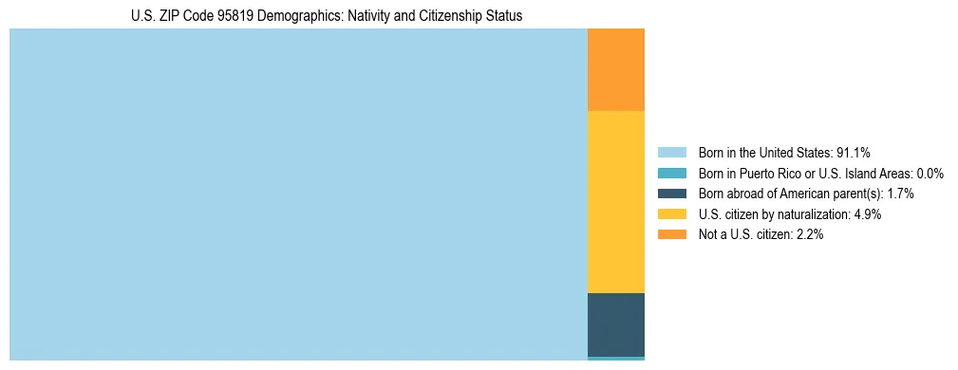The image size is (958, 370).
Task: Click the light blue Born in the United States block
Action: coord(298,194)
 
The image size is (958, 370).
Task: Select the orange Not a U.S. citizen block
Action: coord(616,70)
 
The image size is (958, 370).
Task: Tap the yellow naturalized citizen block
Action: coord(616,202)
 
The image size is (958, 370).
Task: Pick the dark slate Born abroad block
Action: coord(616,324)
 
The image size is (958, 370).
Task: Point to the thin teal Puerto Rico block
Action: coord(616,358)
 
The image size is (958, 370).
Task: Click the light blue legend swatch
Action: coord(671,153)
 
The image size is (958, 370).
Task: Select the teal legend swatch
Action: coord(671,174)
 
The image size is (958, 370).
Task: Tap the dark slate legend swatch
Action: coord(671,194)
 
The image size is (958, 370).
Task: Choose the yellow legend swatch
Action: coord(671,214)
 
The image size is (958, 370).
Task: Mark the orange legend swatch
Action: coord(671,234)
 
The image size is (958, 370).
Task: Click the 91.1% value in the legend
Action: coord(854,153)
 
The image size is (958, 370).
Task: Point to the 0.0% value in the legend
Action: coord(930,174)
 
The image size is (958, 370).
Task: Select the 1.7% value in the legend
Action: coord(900,194)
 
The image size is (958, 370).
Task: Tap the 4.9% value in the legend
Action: coord(868,214)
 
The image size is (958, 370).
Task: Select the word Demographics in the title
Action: coord(306,16)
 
